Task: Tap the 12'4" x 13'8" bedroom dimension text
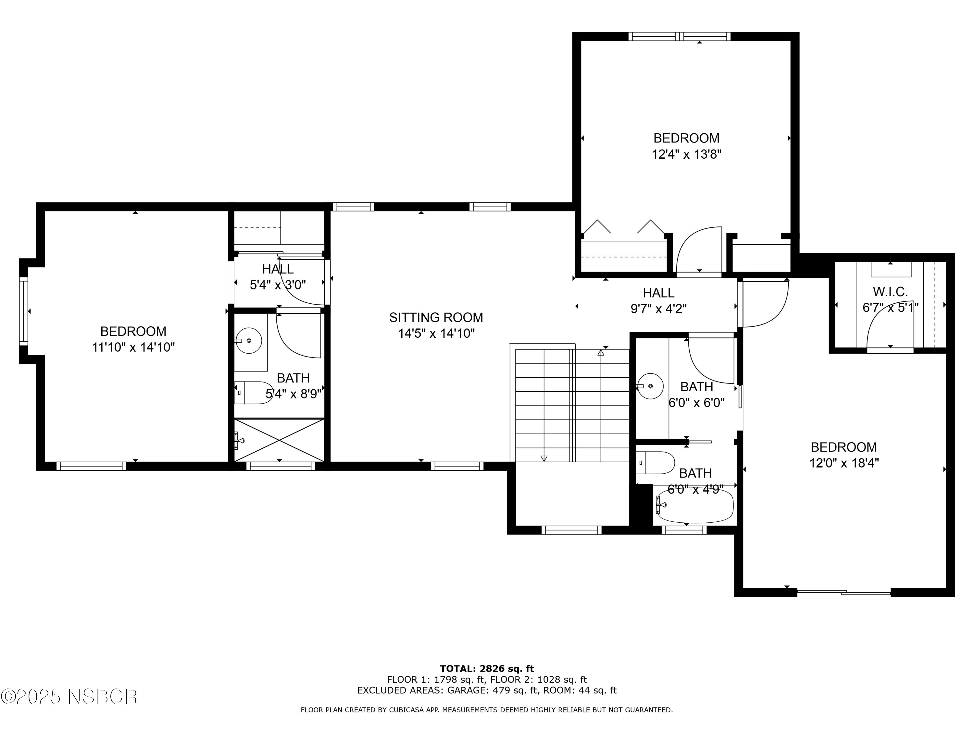(x=686, y=154)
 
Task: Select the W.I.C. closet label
(x=890, y=292)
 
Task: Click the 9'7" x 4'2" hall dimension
(x=658, y=309)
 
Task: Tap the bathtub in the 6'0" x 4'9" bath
(x=695, y=506)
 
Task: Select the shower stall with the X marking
(x=279, y=440)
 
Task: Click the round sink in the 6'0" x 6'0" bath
(x=651, y=386)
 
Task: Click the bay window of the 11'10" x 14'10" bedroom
(x=23, y=311)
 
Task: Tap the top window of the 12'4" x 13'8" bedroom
(x=679, y=37)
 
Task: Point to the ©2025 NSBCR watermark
(x=69, y=697)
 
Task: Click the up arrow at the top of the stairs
(x=601, y=352)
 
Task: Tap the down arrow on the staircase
(x=544, y=458)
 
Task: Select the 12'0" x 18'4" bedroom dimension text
(x=844, y=463)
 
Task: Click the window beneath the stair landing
(x=571, y=530)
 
